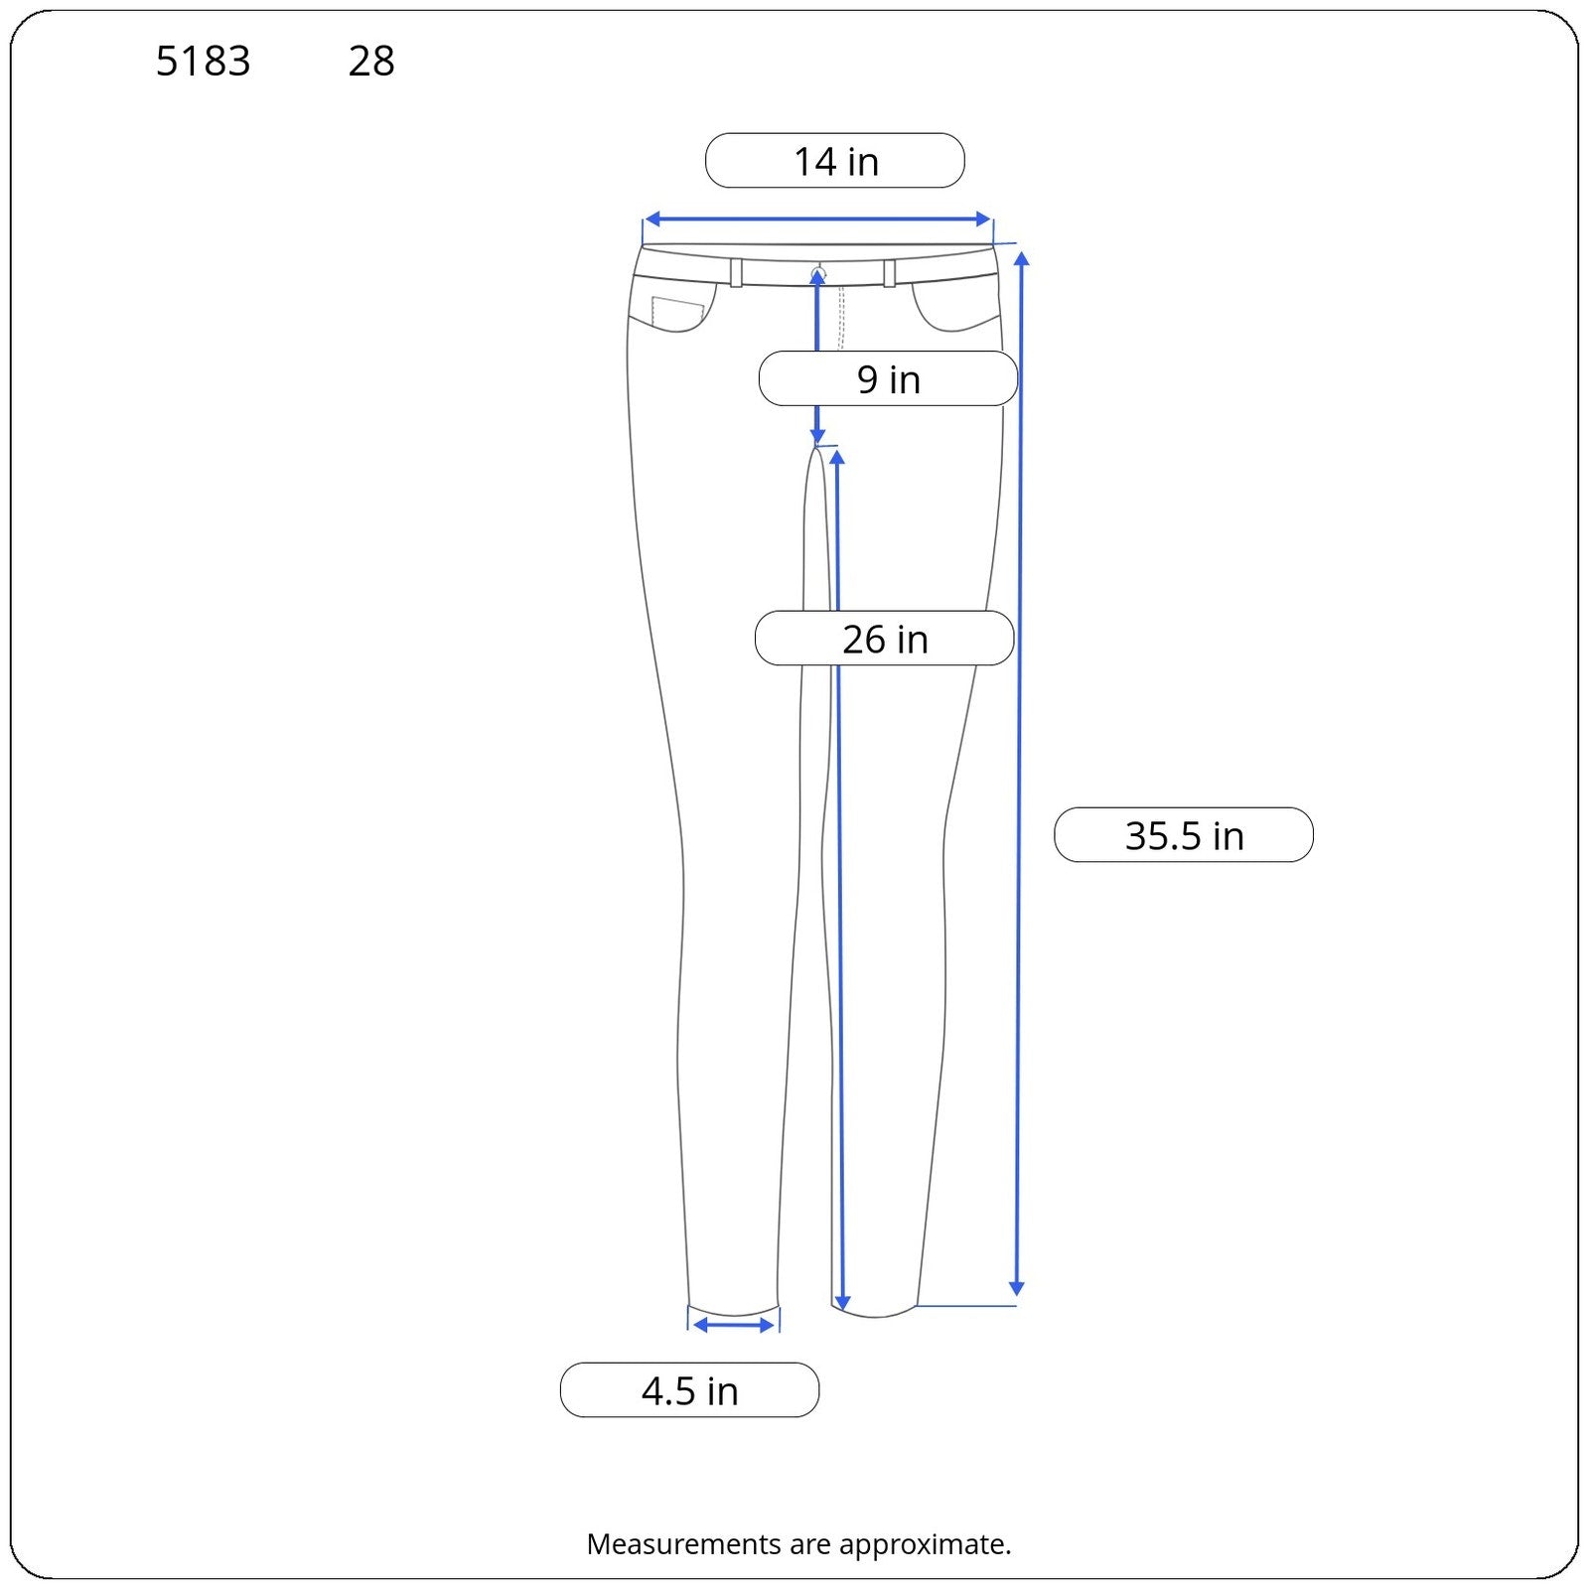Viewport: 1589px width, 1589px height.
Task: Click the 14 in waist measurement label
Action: pos(835,161)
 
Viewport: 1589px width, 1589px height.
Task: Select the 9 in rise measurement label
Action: pos(888,378)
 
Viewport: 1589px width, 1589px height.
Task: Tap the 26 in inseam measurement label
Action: pos(885,639)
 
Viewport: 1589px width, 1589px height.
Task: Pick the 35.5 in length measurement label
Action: pos(1184,835)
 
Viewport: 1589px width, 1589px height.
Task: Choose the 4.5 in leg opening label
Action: pos(690,1390)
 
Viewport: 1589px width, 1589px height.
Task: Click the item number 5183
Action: pos(204,62)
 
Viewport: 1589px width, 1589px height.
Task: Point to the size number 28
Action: pos(371,62)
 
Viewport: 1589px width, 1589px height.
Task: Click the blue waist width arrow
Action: pos(818,219)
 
